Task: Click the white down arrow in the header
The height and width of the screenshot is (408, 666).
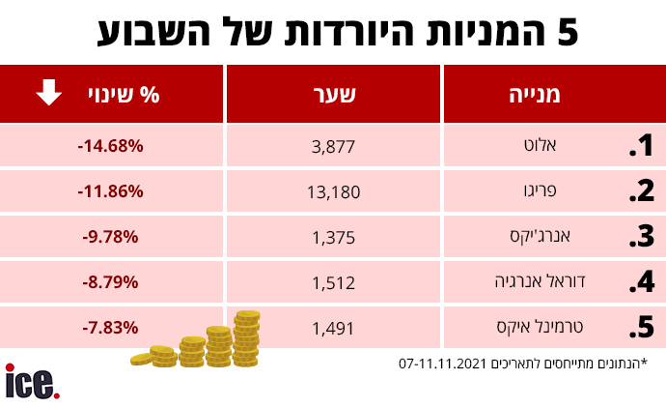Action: point(49,92)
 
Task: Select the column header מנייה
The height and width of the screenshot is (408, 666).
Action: point(535,94)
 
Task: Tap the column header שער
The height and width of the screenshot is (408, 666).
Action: point(334,94)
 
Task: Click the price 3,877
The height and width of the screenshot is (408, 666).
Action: point(333,147)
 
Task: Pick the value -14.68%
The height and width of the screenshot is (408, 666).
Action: point(110,146)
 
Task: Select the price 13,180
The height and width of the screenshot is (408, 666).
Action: point(333,192)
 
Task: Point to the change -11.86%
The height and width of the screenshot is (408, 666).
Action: point(110,191)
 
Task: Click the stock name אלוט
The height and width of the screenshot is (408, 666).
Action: point(540,145)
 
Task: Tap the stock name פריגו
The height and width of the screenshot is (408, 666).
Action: point(540,190)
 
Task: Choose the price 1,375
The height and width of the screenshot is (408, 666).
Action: point(333,238)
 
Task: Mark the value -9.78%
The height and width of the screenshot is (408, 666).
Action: point(110,237)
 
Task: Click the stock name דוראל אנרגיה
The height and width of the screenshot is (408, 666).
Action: point(540,281)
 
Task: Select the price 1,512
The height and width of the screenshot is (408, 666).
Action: point(333,283)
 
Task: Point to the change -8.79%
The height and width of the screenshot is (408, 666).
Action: point(110,282)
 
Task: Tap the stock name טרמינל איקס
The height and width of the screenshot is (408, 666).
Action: point(540,327)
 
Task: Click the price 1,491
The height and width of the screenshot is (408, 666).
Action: point(333,329)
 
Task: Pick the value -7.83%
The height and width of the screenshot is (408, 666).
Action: point(110,328)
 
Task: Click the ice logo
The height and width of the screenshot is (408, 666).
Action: point(32,381)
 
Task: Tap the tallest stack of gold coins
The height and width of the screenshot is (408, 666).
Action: point(246,338)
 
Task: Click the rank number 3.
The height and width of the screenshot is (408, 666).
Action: point(642,236)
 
